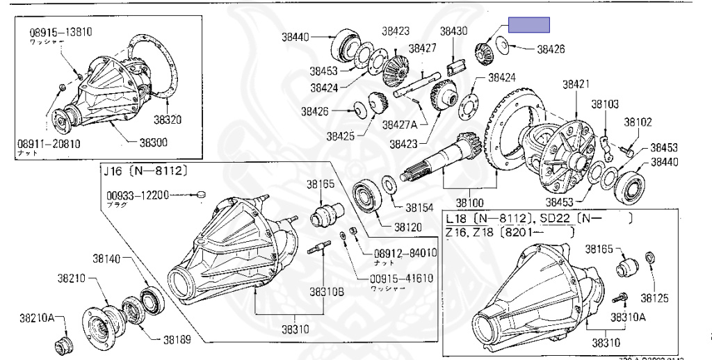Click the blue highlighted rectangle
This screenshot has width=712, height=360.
(x=528, y=25)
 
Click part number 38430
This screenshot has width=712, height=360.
(x=453, y=31)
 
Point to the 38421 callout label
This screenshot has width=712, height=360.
(x=576, y=84)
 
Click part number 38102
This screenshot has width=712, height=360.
(x=638, y=122)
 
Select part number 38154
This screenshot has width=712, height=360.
(x=420, y=207)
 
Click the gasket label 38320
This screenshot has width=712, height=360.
(x=167, y=120)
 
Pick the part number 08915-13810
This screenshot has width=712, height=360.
(x=60, y=32)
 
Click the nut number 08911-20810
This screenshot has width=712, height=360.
(x=49, y=144)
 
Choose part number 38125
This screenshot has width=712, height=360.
(x=654, y=298)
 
